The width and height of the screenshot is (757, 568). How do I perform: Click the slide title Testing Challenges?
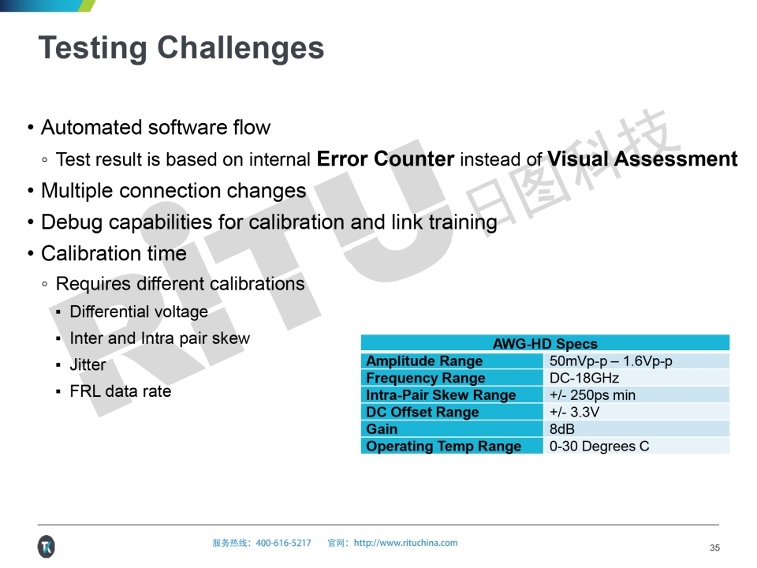tap(181, 48)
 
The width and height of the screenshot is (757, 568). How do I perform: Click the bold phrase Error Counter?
tap(386, 159)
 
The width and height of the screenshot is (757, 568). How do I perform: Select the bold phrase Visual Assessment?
tap(642, 159)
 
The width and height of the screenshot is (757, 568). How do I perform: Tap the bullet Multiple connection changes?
tap(173, 191)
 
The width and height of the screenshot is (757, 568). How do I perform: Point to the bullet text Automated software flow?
tap(155, 128)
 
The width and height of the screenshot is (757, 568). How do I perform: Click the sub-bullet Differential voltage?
tap(139, 312)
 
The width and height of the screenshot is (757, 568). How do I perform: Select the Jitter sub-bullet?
tap(88, 364)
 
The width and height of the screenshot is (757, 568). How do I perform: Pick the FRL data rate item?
tap(121, 391)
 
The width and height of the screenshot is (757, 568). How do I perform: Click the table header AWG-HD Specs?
tap(545, 343)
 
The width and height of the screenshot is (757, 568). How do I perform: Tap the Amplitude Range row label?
tap(424, 361)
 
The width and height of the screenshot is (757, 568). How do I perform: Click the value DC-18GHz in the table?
tap(584, 378)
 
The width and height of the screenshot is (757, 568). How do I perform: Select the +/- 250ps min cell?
tap(592, 395)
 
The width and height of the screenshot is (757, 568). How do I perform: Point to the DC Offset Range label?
tap(423, 412)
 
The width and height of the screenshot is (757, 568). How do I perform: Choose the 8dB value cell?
tap(562, 429)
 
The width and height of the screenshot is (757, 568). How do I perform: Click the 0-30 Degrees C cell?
tap(599, 446)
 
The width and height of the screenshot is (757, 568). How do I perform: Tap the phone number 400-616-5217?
tap(283, 543)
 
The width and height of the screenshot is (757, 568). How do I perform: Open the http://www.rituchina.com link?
tap(405, 543)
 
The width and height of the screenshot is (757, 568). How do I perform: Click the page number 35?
tap(714, 547)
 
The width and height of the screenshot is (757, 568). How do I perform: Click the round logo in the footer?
tap(47, 547)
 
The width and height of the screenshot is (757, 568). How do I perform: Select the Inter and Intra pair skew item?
tap(160, 338)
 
